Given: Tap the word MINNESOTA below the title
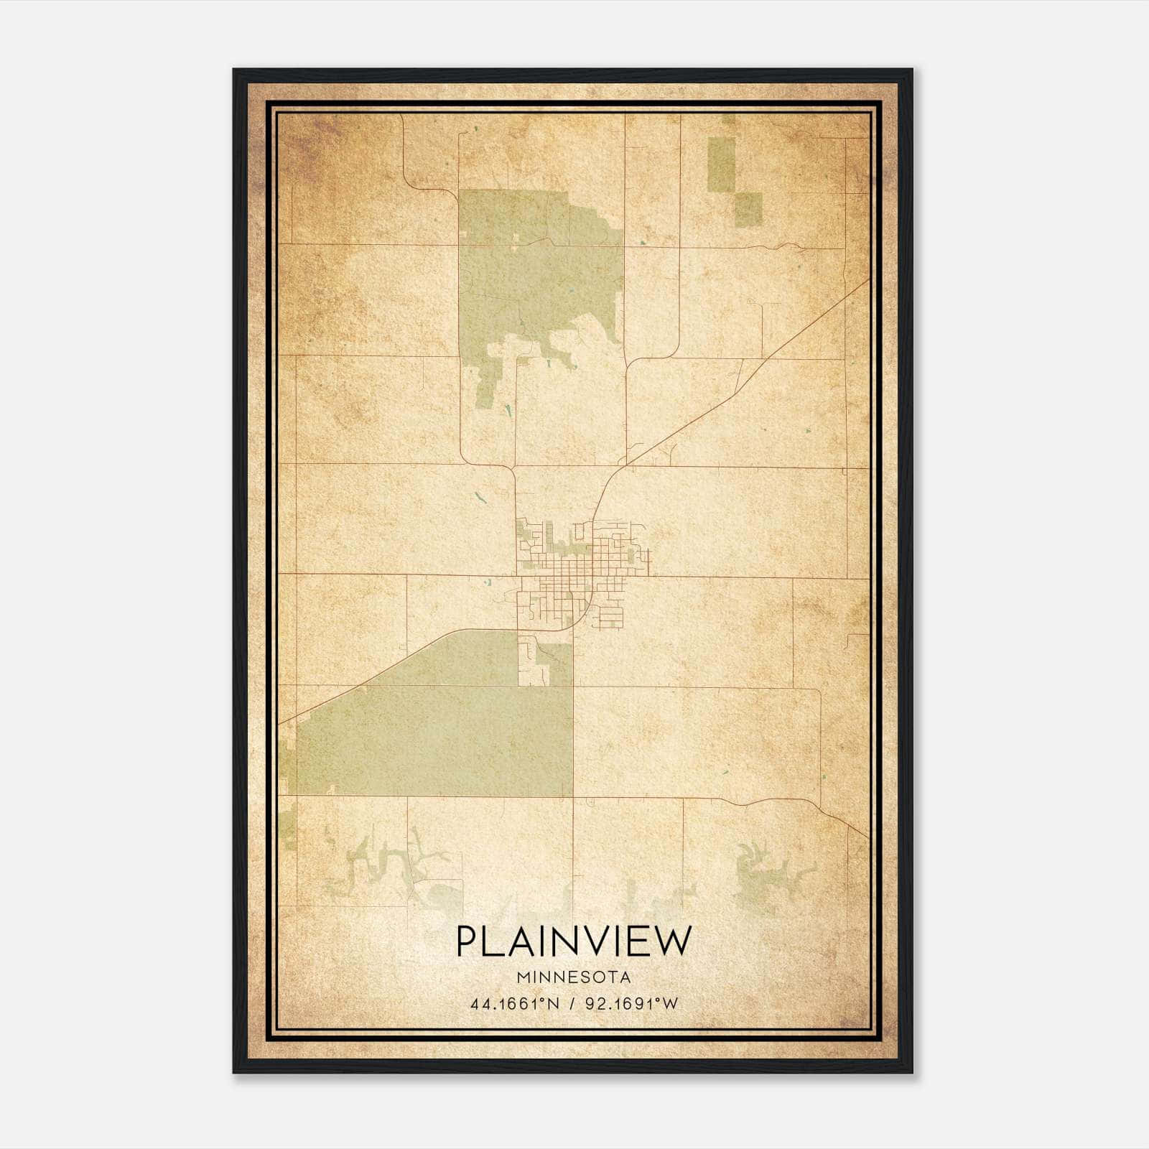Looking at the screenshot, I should click(573, 977).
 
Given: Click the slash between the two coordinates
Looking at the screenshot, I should click(572, 1004).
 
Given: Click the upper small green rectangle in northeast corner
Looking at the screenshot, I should click(721, 164).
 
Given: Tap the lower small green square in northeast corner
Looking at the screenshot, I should click(748, 209).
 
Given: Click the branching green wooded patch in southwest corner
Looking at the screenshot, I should click(381, 865).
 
